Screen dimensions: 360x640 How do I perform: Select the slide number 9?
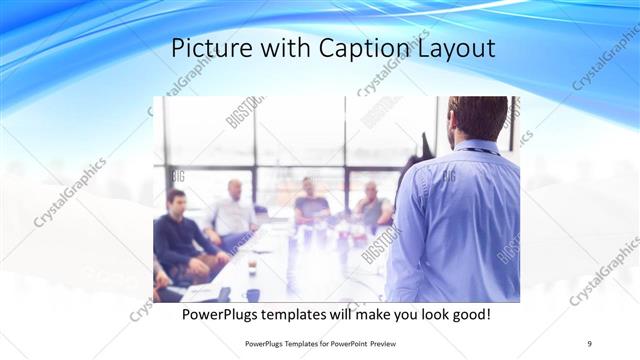pyautogui.click(x=589, y=343)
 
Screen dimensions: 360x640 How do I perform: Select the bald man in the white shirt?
pyautogui.click(x=232, y=210)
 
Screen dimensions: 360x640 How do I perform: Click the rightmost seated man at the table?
pyautogui.click(x=373, y=205)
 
